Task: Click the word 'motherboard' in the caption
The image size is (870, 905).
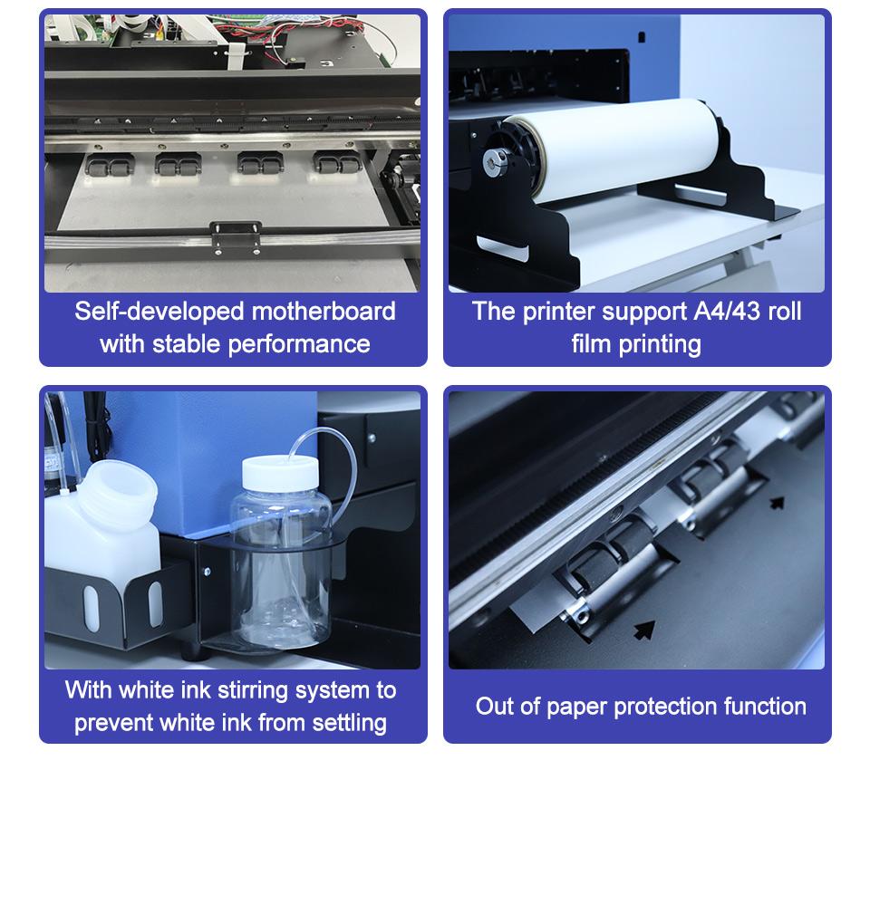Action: pyautogui.click(x=324, y=312)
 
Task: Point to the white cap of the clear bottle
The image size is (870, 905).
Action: pyautogui.click(x=280, y=473)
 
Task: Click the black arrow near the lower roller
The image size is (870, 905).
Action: pyautogui.click(x=644, y=629)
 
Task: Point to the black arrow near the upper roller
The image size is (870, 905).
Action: pyautogui.click(x=778, y=503)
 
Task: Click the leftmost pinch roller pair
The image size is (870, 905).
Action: pyautogui.click(x=110, y=166)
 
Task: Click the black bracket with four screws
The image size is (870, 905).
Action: pyautogui.click(x=236, y=237)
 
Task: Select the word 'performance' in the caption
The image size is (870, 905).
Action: pyautogui.click(x=299, y=344)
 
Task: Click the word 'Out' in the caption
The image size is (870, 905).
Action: pyautogui.click(x=493, y=707)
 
